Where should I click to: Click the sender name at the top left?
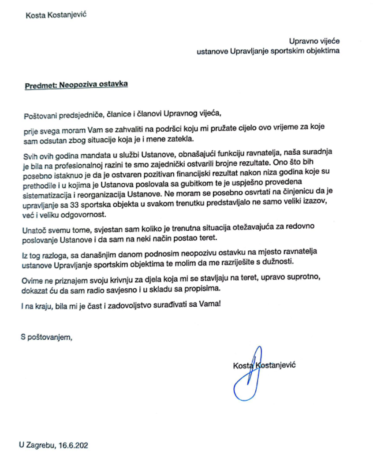tap(56, 14)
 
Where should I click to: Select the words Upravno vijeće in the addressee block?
tap(314, 41)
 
